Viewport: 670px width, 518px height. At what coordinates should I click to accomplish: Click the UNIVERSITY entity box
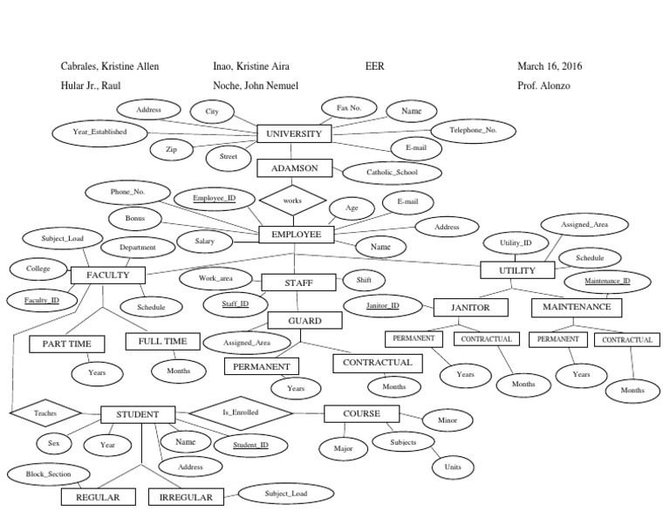[294, 134]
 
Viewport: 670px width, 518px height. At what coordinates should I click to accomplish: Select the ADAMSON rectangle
[294, 167]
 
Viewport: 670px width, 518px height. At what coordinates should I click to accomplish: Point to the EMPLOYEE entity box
[296, 235]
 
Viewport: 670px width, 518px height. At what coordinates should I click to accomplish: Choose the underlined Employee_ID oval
[214, 199]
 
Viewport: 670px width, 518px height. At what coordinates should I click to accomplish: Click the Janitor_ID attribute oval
[382, 306]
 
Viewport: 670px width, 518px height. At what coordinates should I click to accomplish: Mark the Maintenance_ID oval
[607, 282]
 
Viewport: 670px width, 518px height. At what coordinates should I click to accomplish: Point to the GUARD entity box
[305, 322]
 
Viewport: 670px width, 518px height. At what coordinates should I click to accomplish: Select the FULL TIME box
[163, 341]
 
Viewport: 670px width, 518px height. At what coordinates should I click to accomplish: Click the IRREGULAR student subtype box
[186, 498]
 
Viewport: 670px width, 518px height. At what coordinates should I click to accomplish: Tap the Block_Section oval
[47, 474]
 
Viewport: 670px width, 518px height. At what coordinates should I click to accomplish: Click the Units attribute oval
[453, 467]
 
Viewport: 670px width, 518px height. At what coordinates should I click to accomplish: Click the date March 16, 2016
[550, 66]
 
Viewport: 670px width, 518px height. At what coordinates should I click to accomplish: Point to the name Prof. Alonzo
[544, 86]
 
